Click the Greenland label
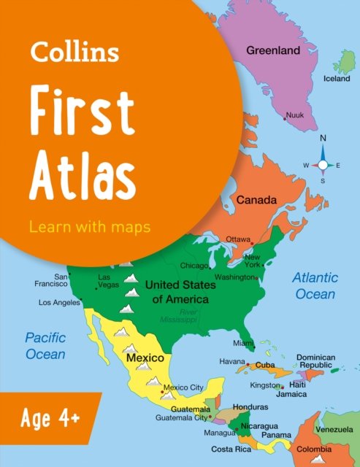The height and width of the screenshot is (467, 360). pos(273,51)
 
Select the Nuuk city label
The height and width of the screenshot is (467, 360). pos(295,115)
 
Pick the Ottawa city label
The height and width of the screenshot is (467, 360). pos(238,239)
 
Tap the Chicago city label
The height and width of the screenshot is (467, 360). pos(194,266)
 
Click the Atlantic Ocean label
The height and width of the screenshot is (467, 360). pos(315,286)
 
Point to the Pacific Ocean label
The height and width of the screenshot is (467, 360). pos(45,346)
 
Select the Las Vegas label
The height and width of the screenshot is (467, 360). pos(108,281)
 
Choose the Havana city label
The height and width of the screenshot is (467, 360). pos(232,362)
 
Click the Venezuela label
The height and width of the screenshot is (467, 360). pos(337,430)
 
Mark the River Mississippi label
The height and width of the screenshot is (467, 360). pos(180,316)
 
